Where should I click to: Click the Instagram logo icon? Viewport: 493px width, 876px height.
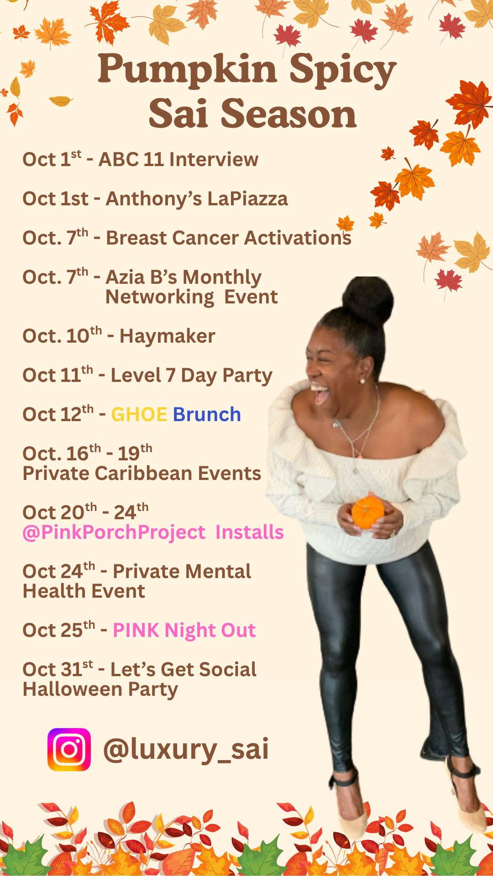[x=69, y=750]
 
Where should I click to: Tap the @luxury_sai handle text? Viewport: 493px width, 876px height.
[x=186, y=750]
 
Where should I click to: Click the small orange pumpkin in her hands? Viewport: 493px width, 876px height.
[x=368, y=512]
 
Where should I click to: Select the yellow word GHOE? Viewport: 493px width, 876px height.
[x=139, y=415]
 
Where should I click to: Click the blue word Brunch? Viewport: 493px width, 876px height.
[x=207, y=414]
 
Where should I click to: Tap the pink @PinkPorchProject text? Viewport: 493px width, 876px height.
[x=114, y=532]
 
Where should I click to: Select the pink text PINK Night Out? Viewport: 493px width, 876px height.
[x=184, y=631]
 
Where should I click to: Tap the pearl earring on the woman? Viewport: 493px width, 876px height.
[x=363, y=381]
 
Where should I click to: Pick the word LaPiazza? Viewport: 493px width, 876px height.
[x=247, y=199]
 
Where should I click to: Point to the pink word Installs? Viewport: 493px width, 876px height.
[x=249, y=532]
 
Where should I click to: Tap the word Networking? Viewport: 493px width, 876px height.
[x=160, y=297]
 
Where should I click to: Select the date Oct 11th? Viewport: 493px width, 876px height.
[x=58, y=375]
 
